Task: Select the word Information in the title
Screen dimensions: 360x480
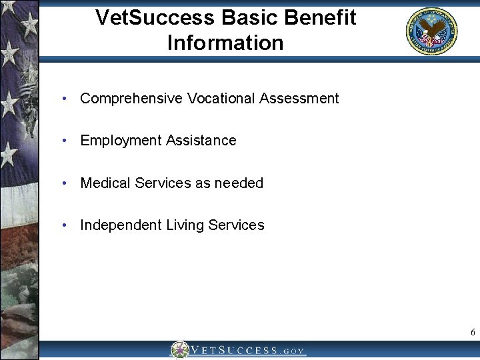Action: click(x=225, y=43)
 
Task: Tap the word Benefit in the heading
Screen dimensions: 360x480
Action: click(x=318, y=17)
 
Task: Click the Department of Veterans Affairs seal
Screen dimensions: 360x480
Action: click(x=432, y=31)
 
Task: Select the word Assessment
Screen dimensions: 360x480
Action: click(x=299, y=99)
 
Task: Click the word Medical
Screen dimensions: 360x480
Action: click(x=105, y=183)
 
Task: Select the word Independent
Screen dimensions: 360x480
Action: click(x=119, y=225)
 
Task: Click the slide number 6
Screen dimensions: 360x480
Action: click(x=473, y=332)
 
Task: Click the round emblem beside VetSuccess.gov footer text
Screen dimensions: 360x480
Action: click(x=179, y=350)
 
